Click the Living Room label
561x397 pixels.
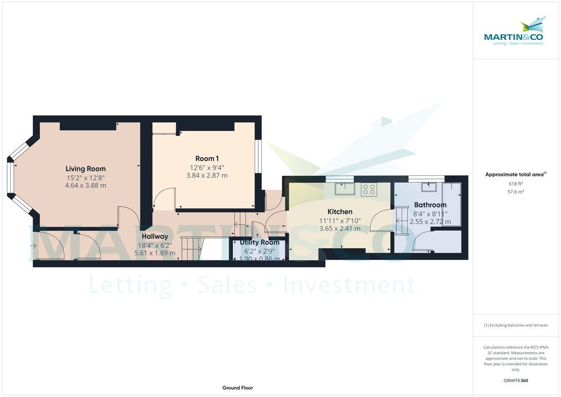[86, 169]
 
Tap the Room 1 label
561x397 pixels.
[207, 159]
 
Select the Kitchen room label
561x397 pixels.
[340, 212]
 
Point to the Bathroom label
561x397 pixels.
[430, 205]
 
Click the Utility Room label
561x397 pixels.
[259, 242]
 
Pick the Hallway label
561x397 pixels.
[155, 237]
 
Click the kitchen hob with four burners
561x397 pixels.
[368, 189]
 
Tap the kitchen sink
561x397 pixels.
[345, 189]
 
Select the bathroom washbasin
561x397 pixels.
[429, 188]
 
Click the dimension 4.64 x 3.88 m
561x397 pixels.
[86, 185]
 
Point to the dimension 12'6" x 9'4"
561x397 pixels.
[207, 167]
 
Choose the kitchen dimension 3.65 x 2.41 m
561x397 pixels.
[340, 229]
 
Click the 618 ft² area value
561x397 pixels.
[516, 184]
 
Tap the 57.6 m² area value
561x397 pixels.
[516, 192]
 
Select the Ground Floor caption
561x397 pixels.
[237, 388]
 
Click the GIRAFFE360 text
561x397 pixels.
[516, 381]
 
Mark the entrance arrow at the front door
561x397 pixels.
[34, 245]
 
